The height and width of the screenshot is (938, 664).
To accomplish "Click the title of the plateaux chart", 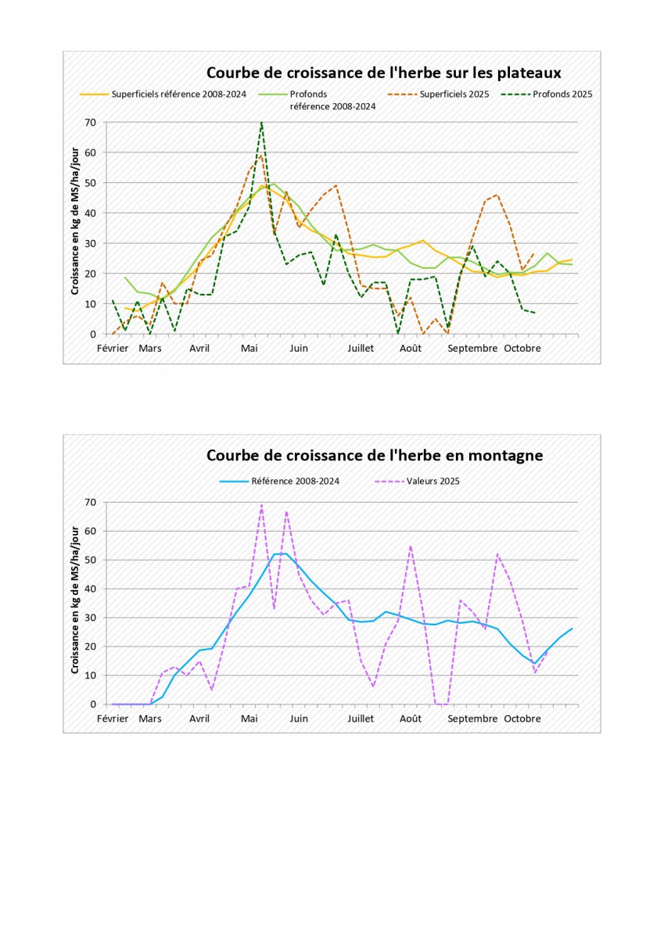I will tap(384, 73).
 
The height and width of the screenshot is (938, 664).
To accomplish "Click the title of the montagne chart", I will tap(375, 455).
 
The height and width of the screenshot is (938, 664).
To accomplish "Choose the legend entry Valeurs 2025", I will tap(433, 481).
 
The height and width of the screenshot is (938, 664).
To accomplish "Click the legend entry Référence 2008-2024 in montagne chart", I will tap(295, 481).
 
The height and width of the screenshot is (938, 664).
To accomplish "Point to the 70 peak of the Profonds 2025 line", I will tap(261, 123).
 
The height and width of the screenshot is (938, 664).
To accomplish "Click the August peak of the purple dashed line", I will tap(411, 546).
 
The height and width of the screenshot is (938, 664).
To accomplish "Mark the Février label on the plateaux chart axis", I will tap(113, 349).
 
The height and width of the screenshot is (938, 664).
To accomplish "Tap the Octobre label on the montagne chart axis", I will tap(522, 718).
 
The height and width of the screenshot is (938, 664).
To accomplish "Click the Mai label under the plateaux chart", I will tap(249, 349).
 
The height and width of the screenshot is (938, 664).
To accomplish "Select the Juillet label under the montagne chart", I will tap(361, 718).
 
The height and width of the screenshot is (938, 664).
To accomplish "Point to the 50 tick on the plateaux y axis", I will tap(91, 183).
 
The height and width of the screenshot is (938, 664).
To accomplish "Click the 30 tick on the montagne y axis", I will tap(91, 618).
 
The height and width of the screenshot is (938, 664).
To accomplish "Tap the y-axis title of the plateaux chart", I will tap(76, 228).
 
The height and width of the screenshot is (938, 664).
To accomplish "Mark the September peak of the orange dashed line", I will tap(497, 195).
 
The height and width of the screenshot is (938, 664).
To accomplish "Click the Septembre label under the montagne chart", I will tap(472, 718).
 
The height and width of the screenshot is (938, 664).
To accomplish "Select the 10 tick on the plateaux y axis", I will tap(91, 304).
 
